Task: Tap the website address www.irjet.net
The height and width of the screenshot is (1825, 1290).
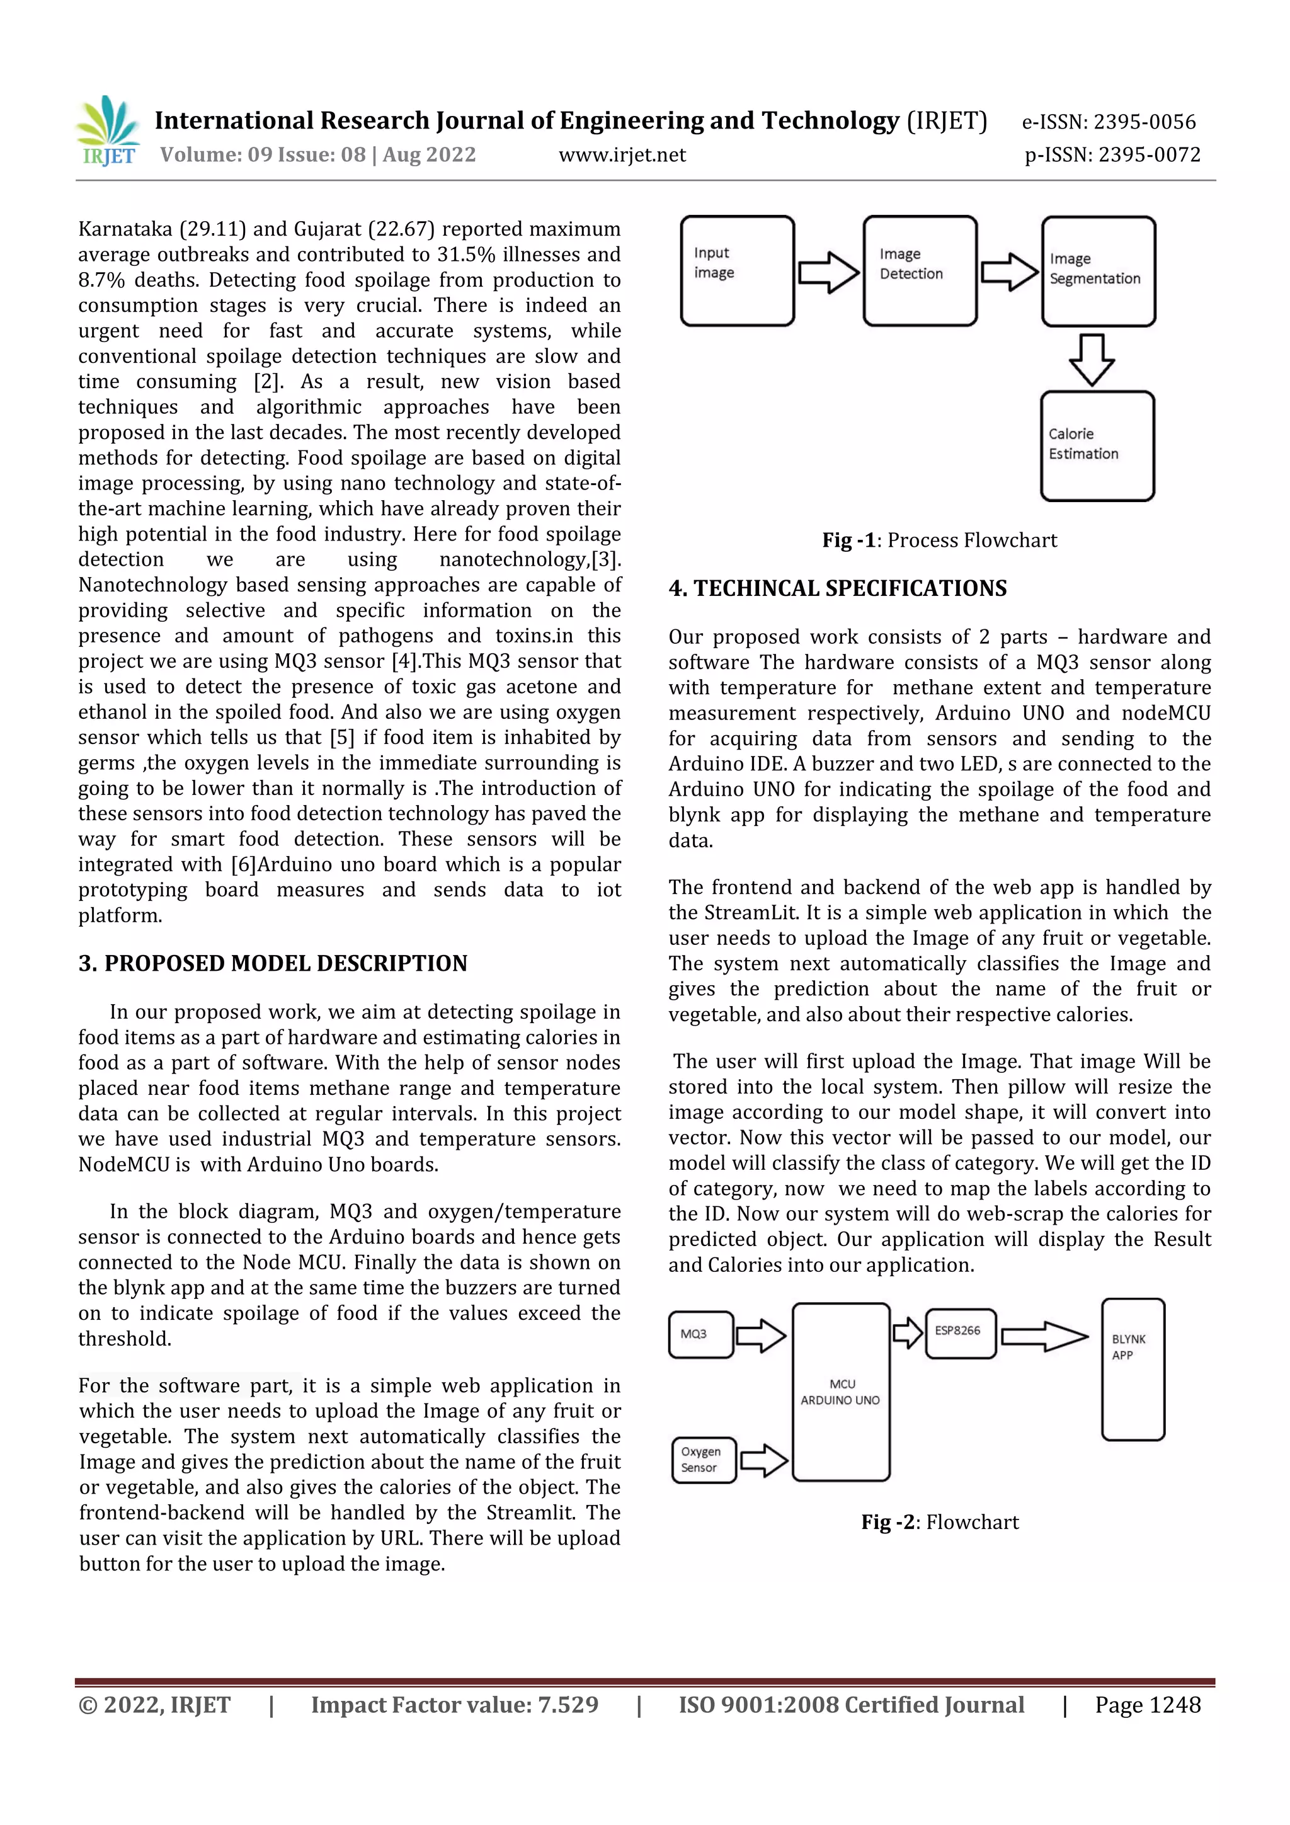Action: point(622,155)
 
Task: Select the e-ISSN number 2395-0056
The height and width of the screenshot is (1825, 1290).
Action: point(1108,122)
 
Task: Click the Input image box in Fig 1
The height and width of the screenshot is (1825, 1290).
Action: point(737,270)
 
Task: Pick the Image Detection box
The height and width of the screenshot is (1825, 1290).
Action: point(920,270)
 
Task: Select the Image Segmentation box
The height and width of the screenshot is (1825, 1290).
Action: point(1098,270)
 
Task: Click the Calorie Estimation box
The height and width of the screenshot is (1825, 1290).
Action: point(1097,445)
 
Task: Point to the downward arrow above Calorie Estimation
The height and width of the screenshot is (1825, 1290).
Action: point(1092,359)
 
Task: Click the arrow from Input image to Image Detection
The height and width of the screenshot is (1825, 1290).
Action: point(828,273)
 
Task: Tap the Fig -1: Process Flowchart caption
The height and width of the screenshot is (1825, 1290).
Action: point(940,541)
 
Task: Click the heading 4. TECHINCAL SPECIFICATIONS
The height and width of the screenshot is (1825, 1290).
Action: point(837,588)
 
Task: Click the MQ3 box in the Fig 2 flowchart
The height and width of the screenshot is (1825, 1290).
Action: point(700,1334)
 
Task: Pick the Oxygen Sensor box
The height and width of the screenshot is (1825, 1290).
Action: point(704,1460)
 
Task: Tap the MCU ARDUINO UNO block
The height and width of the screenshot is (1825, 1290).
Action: point(841,1392)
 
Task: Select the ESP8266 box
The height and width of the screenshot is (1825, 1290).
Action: point(960,1333)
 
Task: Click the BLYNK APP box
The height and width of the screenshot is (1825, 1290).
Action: point(1133,1370)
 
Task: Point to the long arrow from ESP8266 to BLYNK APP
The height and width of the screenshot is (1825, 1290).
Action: point(1044,1336)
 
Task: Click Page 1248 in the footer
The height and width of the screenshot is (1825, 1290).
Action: point(1147,1705)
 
